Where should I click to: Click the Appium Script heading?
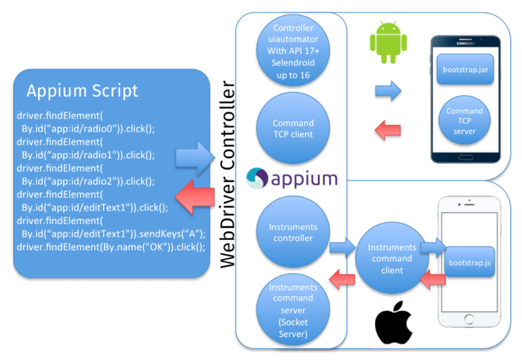point(82,91)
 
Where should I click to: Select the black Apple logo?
point(394,322)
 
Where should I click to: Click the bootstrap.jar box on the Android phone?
point(465,69)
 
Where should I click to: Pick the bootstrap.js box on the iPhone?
point(469,262)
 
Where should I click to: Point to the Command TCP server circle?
point(464,121)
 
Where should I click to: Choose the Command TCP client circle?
point(293,129)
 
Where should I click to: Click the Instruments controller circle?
point(293,233)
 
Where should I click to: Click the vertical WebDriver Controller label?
point(228,175)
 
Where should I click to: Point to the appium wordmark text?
point(304,179)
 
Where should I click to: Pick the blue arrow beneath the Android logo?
point(388,91)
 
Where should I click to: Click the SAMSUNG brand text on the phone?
point(465,43)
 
